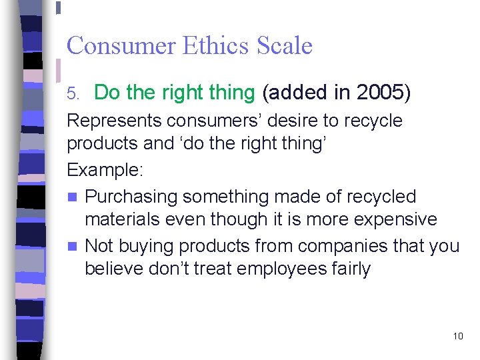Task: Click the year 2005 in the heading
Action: pyautogui.click(x=380, y=93)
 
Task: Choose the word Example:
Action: pyautogui.click(x=105, y=170)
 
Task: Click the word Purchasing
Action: pyautogui.click(x=131, y=197)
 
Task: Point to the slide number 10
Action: pyautogui.click(x=457, y=336)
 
